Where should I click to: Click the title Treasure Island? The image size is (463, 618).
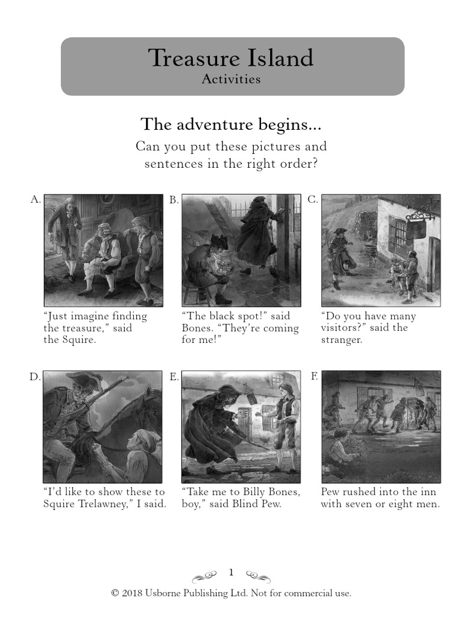(x=231, y=58)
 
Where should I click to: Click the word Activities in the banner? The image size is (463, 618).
(x=231, y=79)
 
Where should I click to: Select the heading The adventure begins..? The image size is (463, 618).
(x=231, y=124)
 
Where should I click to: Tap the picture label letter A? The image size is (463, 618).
(x=35, y=199)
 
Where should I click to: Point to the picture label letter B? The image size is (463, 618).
(x=174, y=200)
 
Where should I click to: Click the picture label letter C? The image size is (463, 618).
(x=312, y=199)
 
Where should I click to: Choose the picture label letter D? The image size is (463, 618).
(x=35, y=377)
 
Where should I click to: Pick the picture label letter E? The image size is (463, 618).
(x=174, y=377)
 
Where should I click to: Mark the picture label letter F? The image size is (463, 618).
(x=313, y=376)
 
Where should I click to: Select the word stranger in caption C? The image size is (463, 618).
(x=341, y=340)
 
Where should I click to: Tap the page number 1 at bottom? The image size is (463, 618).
(x=231, y=572)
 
